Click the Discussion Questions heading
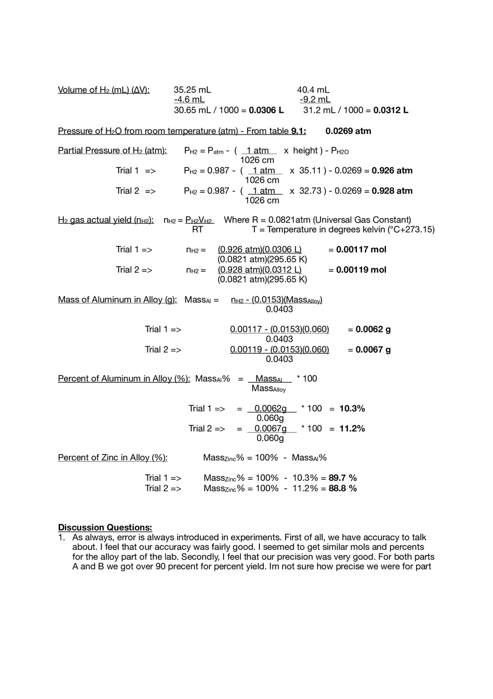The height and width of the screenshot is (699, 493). (105, 527)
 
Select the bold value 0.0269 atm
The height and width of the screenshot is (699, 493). (348, 131)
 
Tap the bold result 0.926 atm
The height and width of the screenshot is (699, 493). (392, 170)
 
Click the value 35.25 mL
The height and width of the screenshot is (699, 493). (192, 90)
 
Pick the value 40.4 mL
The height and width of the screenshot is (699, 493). (313, 90)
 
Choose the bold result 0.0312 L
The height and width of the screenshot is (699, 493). (390, 110)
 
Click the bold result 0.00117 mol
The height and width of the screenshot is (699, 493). (361, 249)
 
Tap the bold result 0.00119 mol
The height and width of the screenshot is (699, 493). (361, 270)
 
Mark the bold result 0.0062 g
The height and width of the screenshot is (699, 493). (373, 329)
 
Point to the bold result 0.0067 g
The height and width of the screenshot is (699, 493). (373, 349)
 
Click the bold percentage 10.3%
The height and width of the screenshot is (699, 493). (352, 409)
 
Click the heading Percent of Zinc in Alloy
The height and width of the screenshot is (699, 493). (113, 458)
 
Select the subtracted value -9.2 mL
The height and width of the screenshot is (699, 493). (315, 100)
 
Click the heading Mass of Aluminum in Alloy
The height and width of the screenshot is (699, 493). (117, 300)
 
